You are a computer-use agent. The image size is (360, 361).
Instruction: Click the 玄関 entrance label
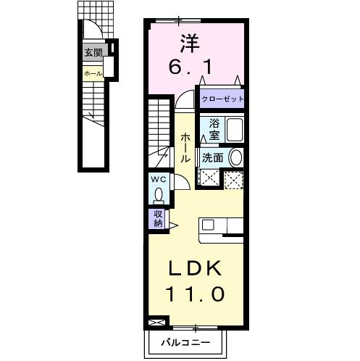click(x=93, y=52)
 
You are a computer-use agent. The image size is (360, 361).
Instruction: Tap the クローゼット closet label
click(x=222, y=99)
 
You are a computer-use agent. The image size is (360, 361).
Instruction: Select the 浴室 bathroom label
click(x=214, y=129)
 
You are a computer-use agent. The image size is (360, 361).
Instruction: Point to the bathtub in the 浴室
click(x=234, y=130)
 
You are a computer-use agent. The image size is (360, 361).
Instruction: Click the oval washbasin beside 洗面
click(x=235, y=157)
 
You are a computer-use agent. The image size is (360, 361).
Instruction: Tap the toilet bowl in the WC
click(x=159, y=195)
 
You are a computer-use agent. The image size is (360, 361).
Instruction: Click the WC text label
click(x=159, y=179)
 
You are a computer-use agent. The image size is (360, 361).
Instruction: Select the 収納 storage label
click(x=158, y=219)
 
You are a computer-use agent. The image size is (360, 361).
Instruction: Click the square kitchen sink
click(x=208, y=225)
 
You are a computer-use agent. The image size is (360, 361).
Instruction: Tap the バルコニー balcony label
click(x=185, y=342)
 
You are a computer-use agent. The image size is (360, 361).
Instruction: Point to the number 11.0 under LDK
click(x=195, y=294)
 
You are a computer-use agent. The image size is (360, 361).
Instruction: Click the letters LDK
click(x=195, y=268)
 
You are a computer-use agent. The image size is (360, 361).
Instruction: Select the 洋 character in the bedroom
click(x=191, y=43)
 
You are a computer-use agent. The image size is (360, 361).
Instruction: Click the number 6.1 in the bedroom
click(x=191, y=67)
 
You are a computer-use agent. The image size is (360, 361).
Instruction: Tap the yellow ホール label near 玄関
click(x=93, y=73)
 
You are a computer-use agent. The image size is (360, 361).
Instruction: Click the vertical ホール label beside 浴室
click(x=185, y=149)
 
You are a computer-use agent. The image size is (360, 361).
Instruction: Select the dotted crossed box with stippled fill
click(x=233, y=180)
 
